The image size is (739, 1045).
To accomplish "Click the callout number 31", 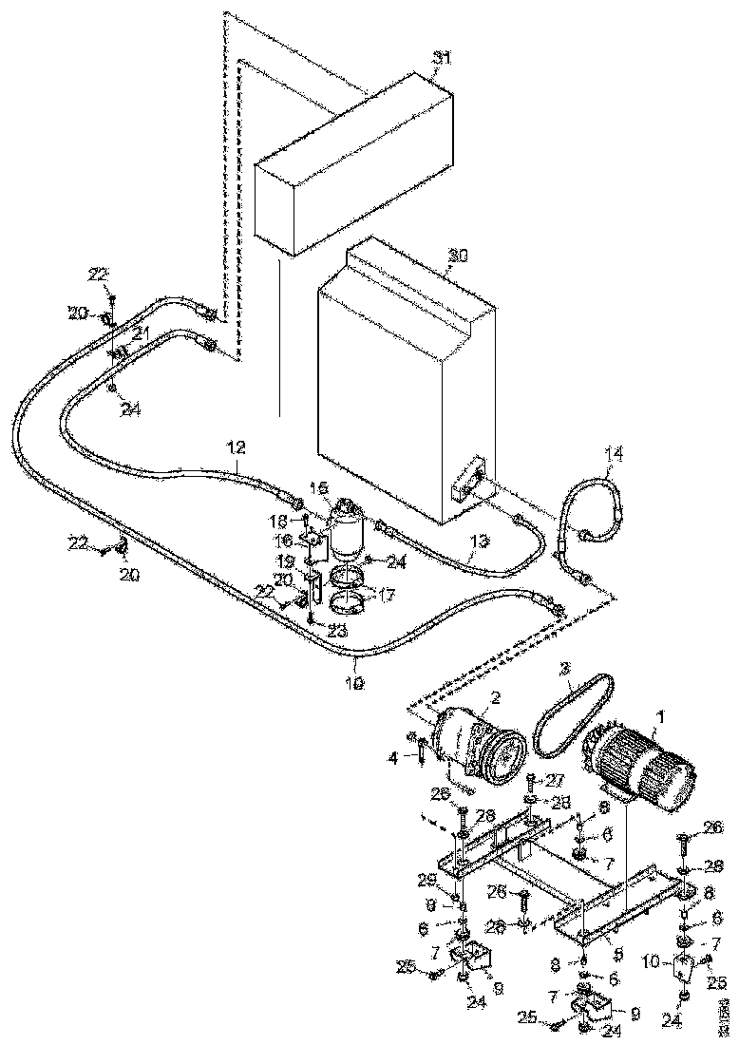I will click(x=440, y=58).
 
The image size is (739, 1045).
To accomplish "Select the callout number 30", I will click(x=458, y=256).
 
